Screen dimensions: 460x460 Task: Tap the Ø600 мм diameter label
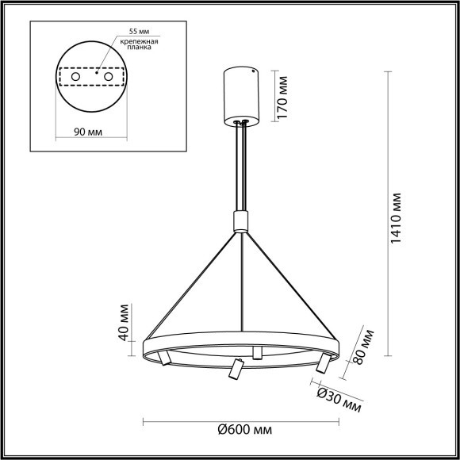(x=241, y=429)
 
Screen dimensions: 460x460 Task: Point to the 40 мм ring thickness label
(x=123, y=322)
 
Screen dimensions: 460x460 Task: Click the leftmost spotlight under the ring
(x=162, y=358)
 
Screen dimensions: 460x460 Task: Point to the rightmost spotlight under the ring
(x=321, y=363)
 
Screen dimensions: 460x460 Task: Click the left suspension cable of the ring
(x=190, y=286)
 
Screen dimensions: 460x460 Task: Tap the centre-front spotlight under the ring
(x=234, y=370)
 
